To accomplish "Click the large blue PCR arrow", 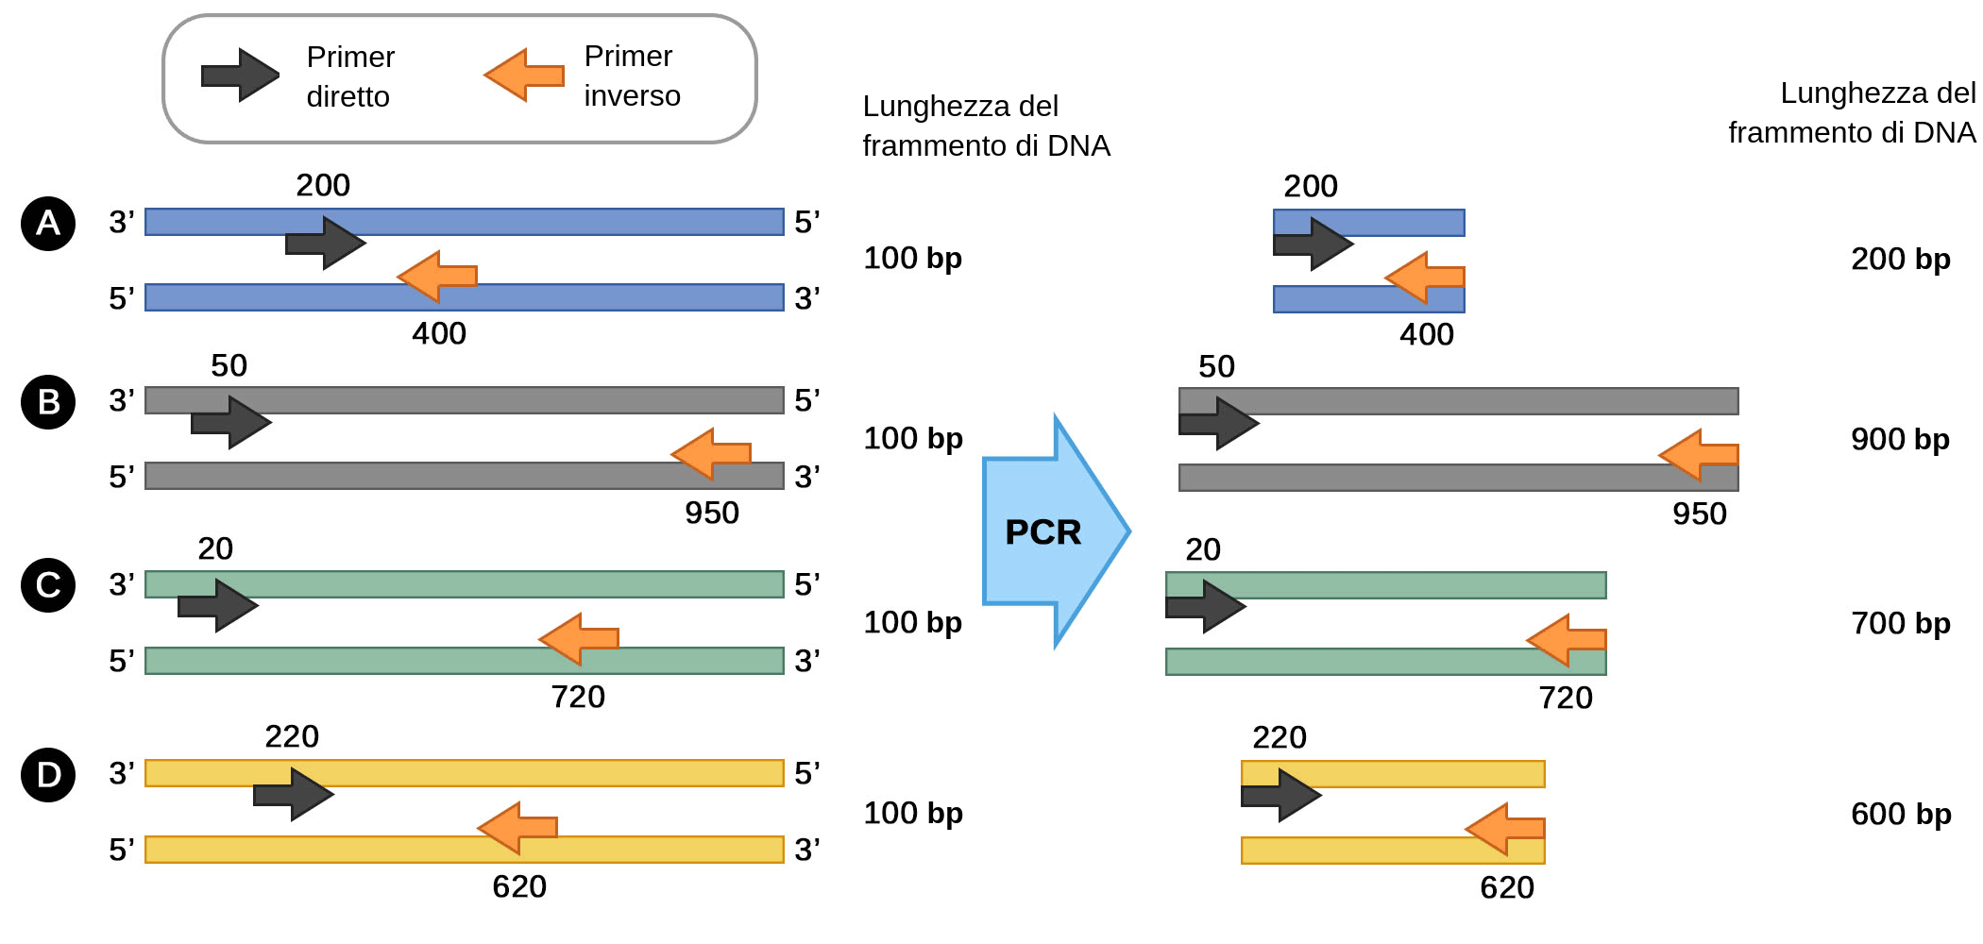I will (1048, 531).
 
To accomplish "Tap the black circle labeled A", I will (48, 224).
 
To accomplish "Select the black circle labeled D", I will (48, 775).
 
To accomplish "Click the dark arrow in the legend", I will (241, 76).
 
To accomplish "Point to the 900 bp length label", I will (1900, 439).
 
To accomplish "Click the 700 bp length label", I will (1900, 623).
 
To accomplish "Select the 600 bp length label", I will (1900, 814).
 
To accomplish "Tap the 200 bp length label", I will (1900, 259).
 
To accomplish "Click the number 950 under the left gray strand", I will (712, 513).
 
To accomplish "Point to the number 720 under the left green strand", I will (578, 697).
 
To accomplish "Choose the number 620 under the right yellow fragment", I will (1507, 887).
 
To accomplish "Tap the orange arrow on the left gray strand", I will (710, 454).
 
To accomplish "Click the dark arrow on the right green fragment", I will (1207, 606).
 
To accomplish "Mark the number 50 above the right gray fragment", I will (1216, 366).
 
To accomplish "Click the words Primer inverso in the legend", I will (631, 76).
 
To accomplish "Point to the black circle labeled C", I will (48, 585).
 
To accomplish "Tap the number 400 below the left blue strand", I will (439, 333).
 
